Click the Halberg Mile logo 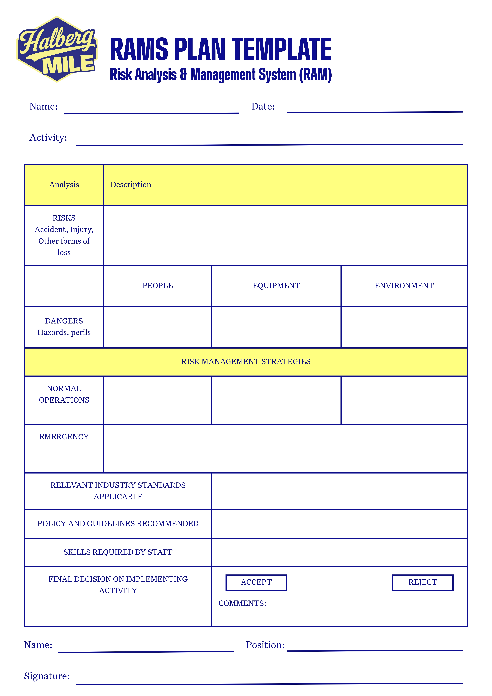point(57,49)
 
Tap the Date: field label point(263,106)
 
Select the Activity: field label point(48,138)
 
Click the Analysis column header point(64,185)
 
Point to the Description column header point(131,185)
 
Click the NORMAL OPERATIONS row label point(64,394)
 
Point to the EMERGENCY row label point(64,437)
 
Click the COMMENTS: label point(242,603)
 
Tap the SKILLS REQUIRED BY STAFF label point(118,552)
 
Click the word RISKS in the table point(64,218)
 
